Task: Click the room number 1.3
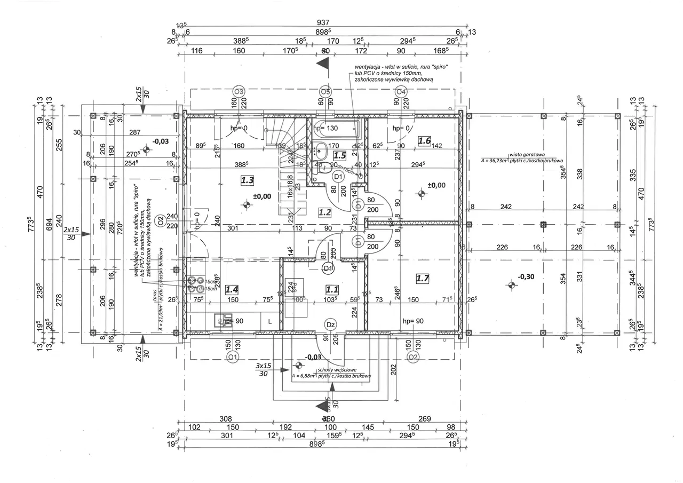pos(247,180)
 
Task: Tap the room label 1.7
pos(423,278)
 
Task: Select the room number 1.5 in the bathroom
pos(340,155)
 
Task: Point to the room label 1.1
pos(332,289)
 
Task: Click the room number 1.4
pos(232,289)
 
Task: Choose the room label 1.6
pos(424,141)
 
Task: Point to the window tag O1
pos(232,356)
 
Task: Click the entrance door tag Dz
pos(330,324)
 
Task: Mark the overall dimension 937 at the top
pos(323,23)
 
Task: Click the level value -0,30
pos(526,277)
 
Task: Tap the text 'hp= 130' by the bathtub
pos(326,129)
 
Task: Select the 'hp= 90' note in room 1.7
pos(413,321)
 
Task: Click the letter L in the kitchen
pos(270,321)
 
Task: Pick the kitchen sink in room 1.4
pos(220,320)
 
